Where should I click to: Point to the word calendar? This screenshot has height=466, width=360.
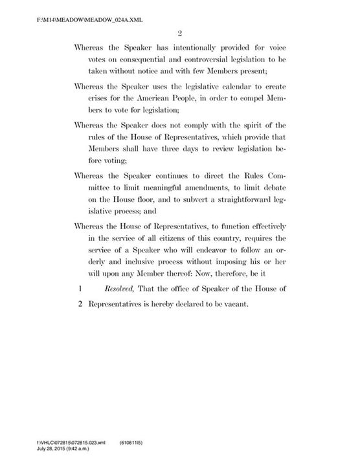click(233, 85)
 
